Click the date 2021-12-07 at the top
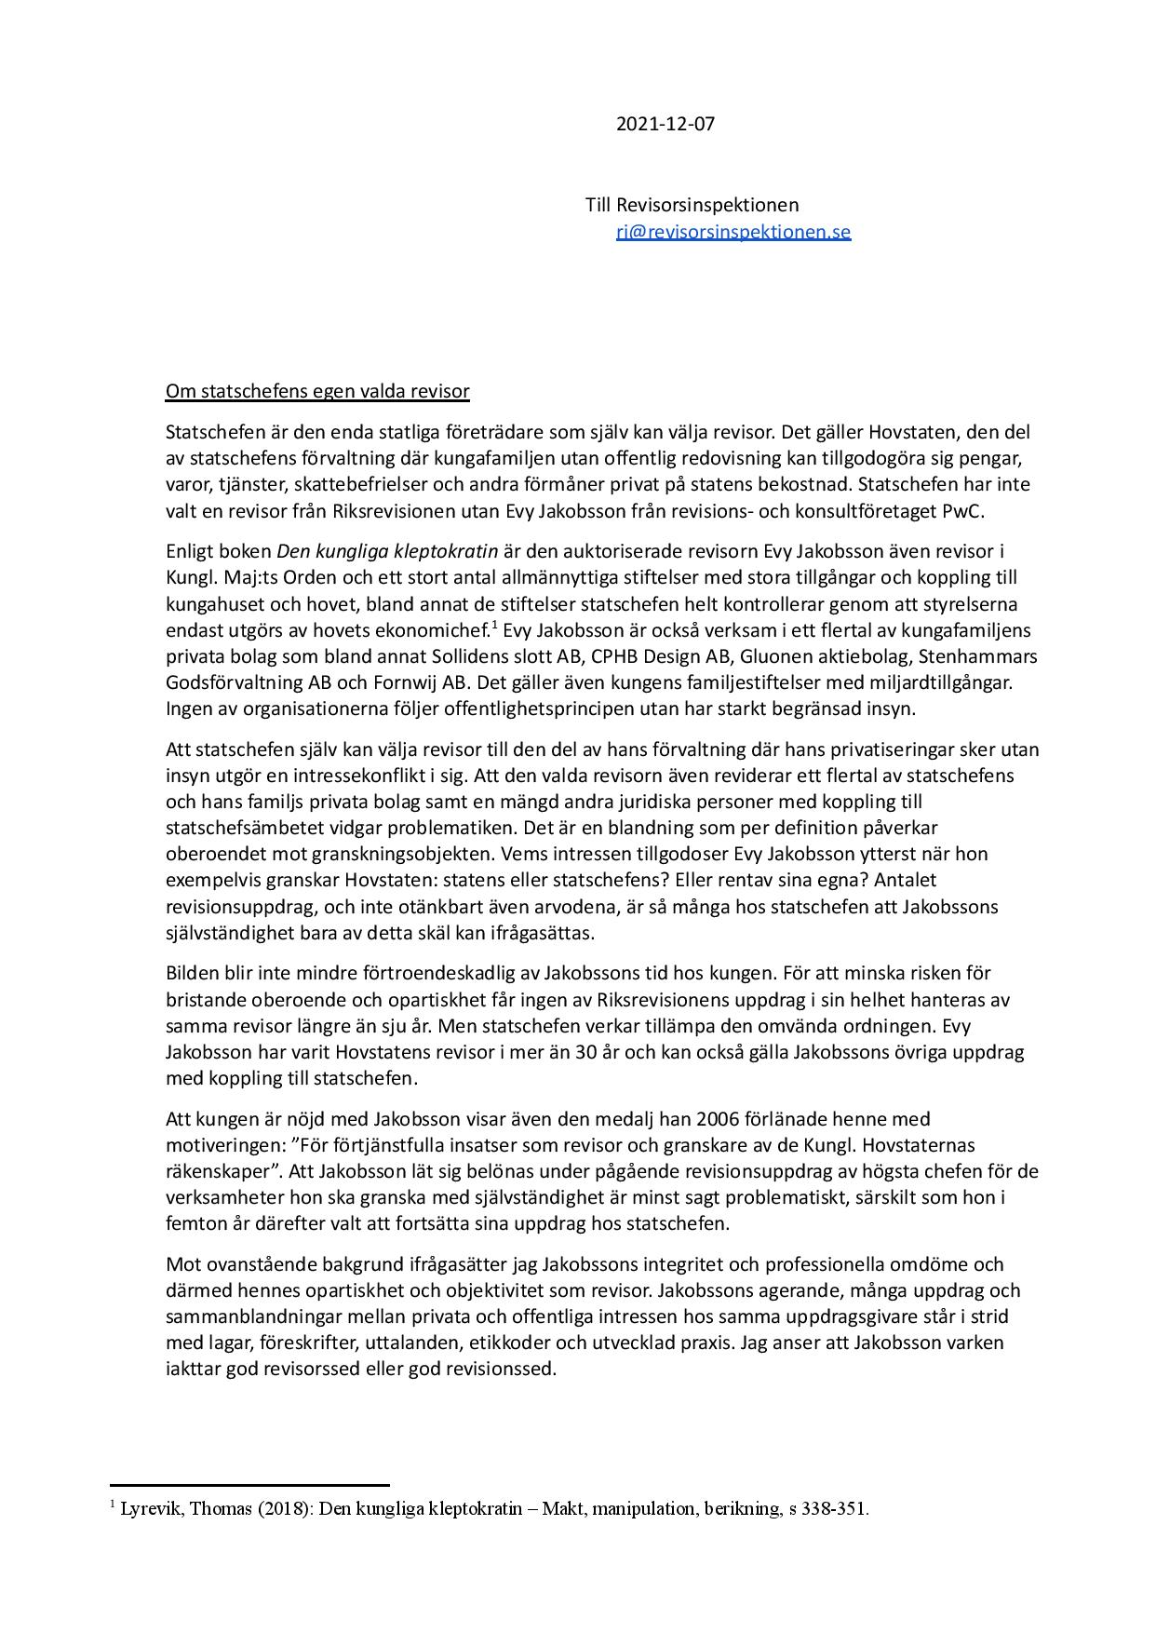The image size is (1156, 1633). click(665, 124)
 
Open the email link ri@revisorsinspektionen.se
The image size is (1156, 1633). click(733, 232)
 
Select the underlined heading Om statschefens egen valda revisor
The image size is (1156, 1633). click(317, 391)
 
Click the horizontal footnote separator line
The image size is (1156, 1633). click(249, 1486)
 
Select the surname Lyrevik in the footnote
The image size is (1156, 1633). click(151, 1509)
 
